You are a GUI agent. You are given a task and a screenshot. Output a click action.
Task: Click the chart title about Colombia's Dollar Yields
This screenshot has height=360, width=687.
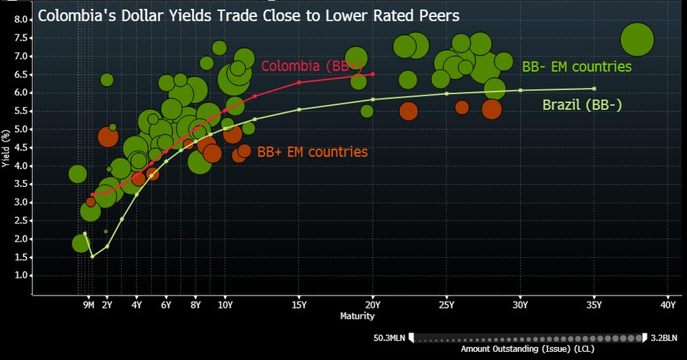click(x=248, y=14)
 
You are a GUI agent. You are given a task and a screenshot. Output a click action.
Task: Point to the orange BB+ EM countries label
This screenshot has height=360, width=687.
click(x=312, y=152)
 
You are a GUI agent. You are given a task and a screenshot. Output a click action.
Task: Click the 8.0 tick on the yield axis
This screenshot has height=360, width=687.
click(x=20, y=20)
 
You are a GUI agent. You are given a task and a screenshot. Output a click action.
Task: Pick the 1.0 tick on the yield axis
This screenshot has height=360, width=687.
click(x=20, y=275)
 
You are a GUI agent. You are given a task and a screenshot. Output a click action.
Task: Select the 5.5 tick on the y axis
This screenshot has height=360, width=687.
click(x=20, y=111)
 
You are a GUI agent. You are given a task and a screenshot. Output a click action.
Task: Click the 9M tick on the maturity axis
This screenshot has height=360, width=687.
click(x=89, y=304)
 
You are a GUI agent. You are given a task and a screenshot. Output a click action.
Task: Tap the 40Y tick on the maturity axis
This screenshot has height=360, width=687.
click(x=667, y=304)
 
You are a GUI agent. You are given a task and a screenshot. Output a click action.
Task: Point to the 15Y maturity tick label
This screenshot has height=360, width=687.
click(x=299, y=304)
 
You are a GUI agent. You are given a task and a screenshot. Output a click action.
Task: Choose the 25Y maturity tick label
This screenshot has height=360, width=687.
click(x=447, y=304)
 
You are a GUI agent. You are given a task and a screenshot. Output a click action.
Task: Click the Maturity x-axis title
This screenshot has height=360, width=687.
click(x=357, y=316)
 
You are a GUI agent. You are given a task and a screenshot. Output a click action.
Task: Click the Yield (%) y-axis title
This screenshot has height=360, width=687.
click(x=6, y=146)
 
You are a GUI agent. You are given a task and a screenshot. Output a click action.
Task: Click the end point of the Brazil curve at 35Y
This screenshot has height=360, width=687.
click(x=594, y=89)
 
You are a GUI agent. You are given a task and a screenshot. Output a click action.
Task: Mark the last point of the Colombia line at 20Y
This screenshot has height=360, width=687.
click(x=372, y=74)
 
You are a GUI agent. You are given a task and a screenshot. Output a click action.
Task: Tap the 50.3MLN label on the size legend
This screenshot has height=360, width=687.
click(x=390, y=337)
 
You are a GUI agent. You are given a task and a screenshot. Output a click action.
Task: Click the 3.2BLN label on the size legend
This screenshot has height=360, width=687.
click(x=664, y=337)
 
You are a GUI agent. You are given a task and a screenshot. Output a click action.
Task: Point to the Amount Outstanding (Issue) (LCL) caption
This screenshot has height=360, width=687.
click(x=527, y=350)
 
